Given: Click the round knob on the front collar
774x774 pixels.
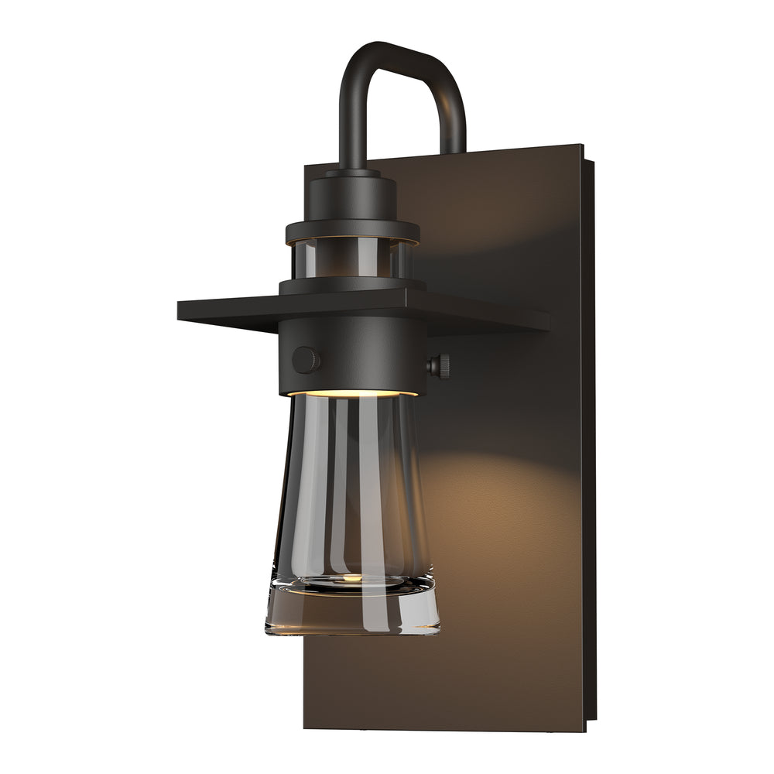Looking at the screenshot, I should tap(305, 360).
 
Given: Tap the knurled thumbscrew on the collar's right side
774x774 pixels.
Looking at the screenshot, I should tap(440, 366).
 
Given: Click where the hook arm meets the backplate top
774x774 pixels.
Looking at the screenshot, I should tap(454, 149).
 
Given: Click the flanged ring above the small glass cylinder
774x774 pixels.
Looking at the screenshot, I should tap(352, 230).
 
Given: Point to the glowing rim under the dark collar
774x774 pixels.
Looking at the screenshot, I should tap(352, 393).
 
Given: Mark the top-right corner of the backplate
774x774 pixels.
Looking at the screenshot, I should tap(581, 145).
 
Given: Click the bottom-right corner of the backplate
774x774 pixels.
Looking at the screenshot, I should tap(586, 729).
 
